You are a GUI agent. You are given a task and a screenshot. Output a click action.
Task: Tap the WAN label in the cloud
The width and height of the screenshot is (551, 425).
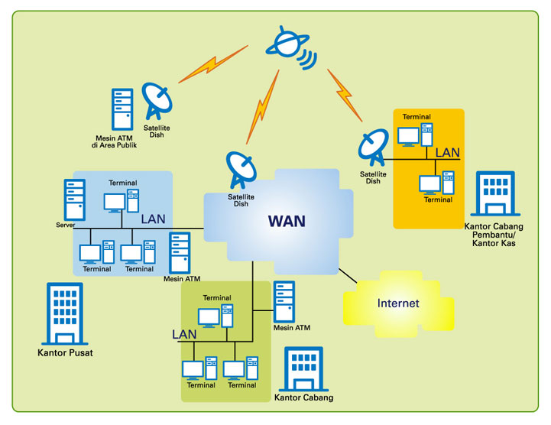click(287, 222)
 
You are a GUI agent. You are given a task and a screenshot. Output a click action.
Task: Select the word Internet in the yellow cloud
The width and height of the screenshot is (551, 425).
click(398, 303)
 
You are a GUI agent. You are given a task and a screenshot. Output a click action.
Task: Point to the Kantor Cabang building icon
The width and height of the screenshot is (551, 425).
click(303, 369)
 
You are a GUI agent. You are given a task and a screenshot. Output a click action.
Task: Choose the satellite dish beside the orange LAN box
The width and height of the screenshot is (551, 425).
click(374, 148)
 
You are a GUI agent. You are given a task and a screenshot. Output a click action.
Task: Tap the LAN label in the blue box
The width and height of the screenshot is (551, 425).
click(153, 219)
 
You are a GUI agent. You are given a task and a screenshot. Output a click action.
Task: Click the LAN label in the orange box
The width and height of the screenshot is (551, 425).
click(447, 153)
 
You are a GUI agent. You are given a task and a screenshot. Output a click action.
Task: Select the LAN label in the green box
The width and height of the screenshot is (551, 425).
click(184, 334)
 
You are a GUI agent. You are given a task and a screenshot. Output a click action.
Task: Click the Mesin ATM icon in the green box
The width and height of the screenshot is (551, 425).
click(284, 301)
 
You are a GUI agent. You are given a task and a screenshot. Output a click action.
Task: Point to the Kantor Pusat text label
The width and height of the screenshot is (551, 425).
click(65, 353)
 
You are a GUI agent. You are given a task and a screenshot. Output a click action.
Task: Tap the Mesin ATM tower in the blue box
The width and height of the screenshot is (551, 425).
click(180, 252)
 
